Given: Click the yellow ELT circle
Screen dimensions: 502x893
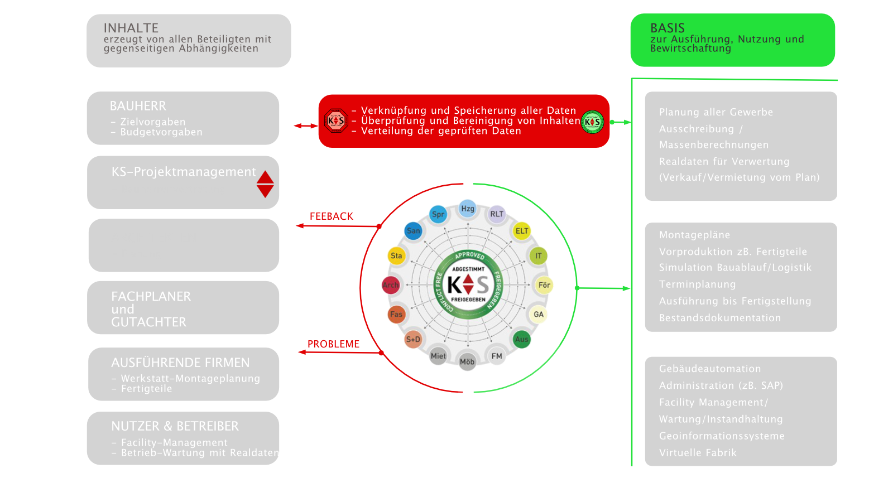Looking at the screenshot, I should pos(522,231).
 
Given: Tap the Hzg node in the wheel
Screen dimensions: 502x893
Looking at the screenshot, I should pos(468,209).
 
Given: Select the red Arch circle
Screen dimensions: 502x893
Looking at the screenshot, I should pos(391,285).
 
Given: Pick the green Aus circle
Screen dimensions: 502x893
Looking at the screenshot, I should pos(522,339).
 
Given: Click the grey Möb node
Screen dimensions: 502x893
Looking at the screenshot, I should pos(467,361).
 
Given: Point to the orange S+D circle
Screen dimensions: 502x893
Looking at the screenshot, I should pos(413,339).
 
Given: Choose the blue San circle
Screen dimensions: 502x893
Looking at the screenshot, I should pos(414,231).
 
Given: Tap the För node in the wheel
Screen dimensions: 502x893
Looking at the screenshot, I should pos(544,285).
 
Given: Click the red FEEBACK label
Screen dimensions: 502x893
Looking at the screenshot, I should pos(332,216).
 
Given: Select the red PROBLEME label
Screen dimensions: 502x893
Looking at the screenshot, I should pos(333,344).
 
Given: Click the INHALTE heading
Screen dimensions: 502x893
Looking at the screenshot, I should pos(131,28).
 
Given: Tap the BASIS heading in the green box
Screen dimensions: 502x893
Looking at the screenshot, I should pos(668,28).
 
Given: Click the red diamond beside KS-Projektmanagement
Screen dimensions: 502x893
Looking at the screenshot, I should pos(265,184).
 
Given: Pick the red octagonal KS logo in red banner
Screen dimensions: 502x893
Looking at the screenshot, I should pos(336,120).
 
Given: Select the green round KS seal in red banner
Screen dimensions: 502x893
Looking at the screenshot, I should pos(592,122).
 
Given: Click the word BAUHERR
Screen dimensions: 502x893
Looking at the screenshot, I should pos(138,106).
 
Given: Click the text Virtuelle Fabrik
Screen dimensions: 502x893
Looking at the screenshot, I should pos(698,453).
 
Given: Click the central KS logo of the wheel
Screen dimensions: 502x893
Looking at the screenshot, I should pos(468,285).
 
